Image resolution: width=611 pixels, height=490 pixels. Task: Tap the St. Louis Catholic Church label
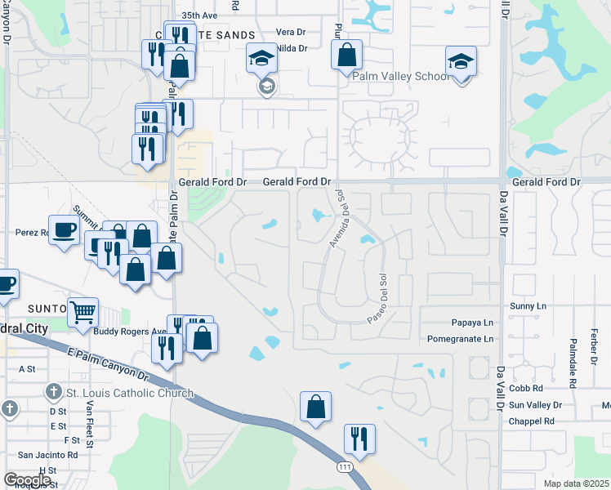point(129,393)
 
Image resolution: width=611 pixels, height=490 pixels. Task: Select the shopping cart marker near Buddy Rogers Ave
point(83,312)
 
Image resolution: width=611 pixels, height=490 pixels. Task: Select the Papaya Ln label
point(471,323)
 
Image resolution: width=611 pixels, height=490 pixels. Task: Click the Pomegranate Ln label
point(461,338)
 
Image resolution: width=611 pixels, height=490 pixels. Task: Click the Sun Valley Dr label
point(535,405)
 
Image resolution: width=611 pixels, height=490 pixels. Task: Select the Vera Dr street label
point(290,32)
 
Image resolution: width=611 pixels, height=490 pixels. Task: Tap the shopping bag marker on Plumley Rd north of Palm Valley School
point(346,55)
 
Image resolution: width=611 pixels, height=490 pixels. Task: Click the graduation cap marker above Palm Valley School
point(461,62)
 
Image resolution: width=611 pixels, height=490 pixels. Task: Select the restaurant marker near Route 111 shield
point(359,439)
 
